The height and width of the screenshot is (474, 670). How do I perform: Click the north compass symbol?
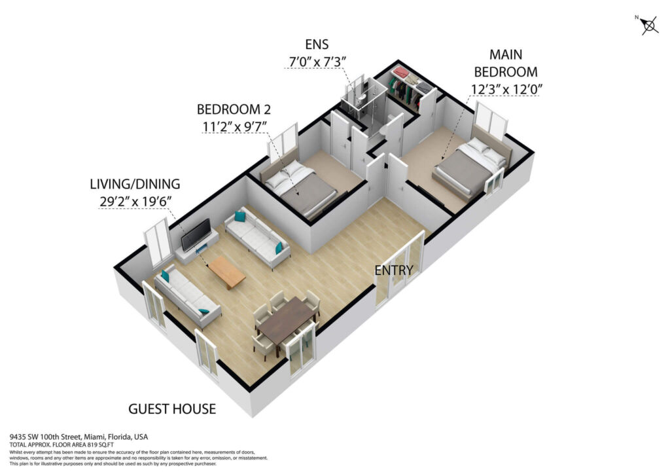point(648,25)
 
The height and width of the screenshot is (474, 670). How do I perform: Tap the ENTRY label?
point(393,270)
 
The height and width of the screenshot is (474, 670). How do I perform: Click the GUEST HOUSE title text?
point(172,409)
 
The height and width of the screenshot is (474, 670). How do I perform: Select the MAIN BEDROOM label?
point(506,63)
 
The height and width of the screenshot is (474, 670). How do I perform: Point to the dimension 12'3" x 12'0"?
point(506,89)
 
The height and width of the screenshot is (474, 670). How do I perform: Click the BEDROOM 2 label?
point(234,109)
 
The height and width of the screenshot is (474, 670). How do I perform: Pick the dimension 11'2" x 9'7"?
point(234,126)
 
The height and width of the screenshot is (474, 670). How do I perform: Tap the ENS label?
point(317,45)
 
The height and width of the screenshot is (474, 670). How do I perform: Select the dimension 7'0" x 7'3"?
point(317,62)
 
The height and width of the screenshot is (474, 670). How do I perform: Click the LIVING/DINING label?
point(135,184)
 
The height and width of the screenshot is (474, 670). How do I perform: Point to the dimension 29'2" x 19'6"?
point(135,201)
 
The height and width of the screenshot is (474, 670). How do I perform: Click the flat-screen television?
point(196,234)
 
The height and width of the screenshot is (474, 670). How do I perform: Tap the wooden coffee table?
point(227,272)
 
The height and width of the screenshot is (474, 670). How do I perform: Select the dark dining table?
point(287,321)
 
